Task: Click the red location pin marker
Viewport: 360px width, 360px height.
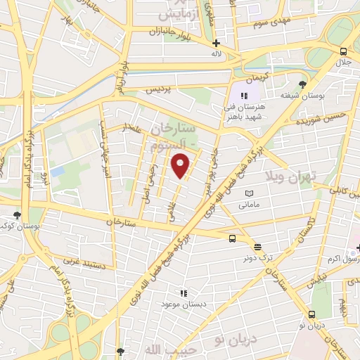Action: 181,166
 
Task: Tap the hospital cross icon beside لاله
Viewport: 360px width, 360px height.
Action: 216,44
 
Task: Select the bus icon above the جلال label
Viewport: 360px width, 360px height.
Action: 342,51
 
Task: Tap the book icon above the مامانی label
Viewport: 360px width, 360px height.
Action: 248,193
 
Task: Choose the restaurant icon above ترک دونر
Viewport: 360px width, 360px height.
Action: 257,247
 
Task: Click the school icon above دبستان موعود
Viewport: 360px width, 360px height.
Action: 184,292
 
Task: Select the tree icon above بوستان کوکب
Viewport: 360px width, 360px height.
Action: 17,215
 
